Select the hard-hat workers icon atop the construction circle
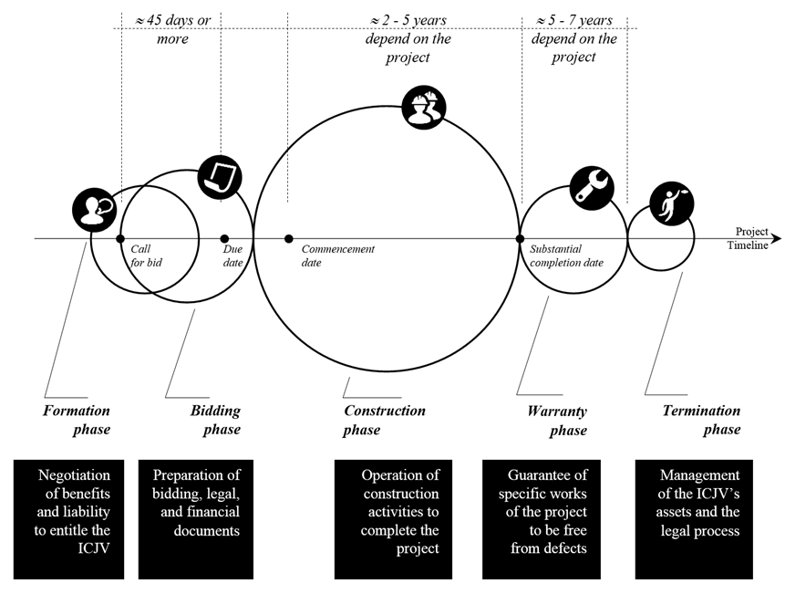pyautogui.click(x=425, y=108)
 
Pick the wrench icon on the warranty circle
pyautogui.click(x=592, y=185)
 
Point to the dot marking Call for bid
pyautogui.click(x=120, y=239)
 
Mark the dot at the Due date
pyautogui.click(x=225, y=239)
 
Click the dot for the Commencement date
pyautogui.click(x=289, y=239)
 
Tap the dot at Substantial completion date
pyautogui.click(x=521, y=239)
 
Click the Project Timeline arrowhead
pyautogui.click(x=775, y=239)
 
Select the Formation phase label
pyautogui.click(x=77, y=420)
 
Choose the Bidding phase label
pyautogui.click(x=215, y=420)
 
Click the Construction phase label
pyautogui.click(x=384, y=420)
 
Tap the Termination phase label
pyautogui.click(x=701, y=420)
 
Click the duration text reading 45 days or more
pyautogui.click(x=169, y=29)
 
